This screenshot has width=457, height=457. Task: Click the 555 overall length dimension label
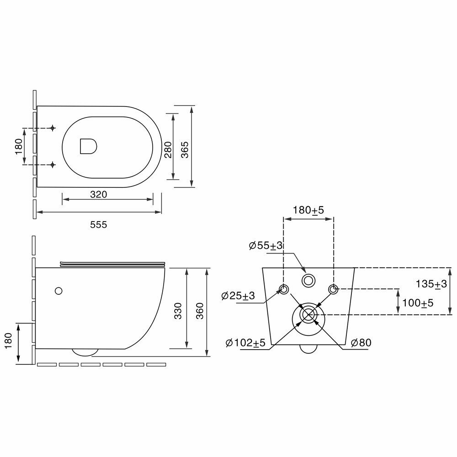(x=99, y=225)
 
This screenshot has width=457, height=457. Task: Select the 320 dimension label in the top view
(x=99, y=194)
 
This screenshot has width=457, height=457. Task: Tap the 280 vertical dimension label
(x=168, y=149)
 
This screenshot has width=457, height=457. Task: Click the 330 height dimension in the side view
(x=178, y=311)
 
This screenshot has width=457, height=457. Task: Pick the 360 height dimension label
(x=200, y=311)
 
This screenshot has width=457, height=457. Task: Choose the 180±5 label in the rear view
(x=308, y=210)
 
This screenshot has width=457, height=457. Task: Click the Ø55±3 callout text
(x=266, y=246)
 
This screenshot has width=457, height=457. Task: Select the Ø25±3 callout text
(x=238, y=296)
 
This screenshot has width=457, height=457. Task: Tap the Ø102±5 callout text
(x=245, y=343)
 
